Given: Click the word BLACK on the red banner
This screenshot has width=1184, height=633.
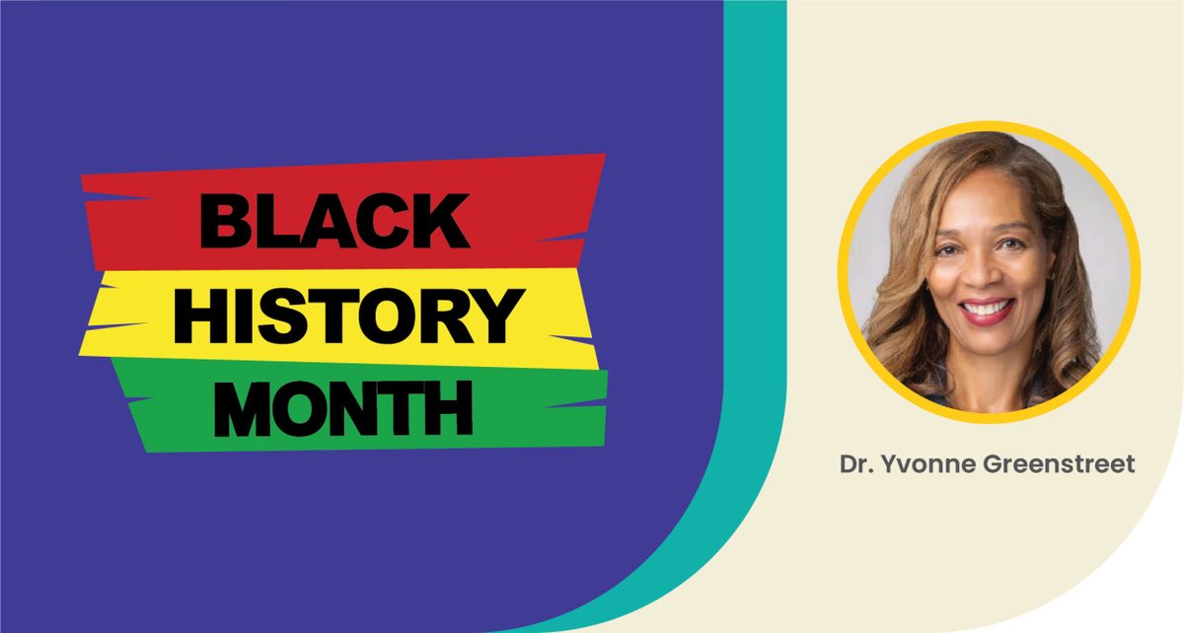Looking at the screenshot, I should tap(334, 220).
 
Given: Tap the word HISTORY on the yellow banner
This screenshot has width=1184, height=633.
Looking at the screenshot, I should tap(346, 316).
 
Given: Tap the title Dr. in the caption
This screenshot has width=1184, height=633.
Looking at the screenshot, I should tap(854, 464).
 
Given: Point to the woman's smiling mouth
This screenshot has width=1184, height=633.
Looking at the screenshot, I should tap(987, 310).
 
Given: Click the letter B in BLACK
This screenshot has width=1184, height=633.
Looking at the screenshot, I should tap(225, 220).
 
